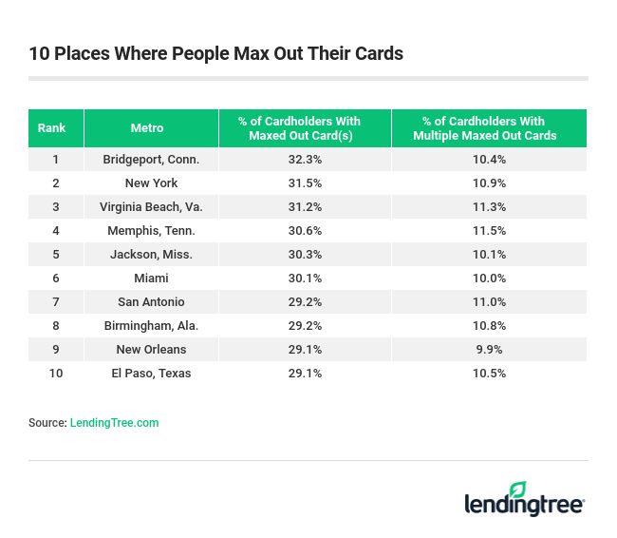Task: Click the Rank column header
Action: [x=51, y=128]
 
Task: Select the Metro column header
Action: [x=147, y=128]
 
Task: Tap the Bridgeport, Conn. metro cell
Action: [x=151, y=159]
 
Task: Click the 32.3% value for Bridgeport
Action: [x=304, y=159]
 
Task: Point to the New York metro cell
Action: [x=151, y=183]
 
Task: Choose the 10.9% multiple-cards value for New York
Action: [x=489, y=183]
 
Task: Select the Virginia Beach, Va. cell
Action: [x=151, y=206]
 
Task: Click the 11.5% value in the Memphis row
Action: [x=489, y=230]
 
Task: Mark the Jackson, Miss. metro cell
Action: [x=151, y=254]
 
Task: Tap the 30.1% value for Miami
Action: [x=304, y=278]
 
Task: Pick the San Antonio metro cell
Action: [x=151, y=301]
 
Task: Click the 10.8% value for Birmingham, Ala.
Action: [x=489, y=325]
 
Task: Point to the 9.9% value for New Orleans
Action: [x=489, y=349]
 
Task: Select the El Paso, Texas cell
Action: [x=151, y=373]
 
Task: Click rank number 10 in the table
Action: [x=56, y=373]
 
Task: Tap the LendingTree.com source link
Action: [x=114, y=423]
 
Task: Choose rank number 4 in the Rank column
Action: [x=56, y=230]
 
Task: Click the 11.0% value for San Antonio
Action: [x=489, y=301]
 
